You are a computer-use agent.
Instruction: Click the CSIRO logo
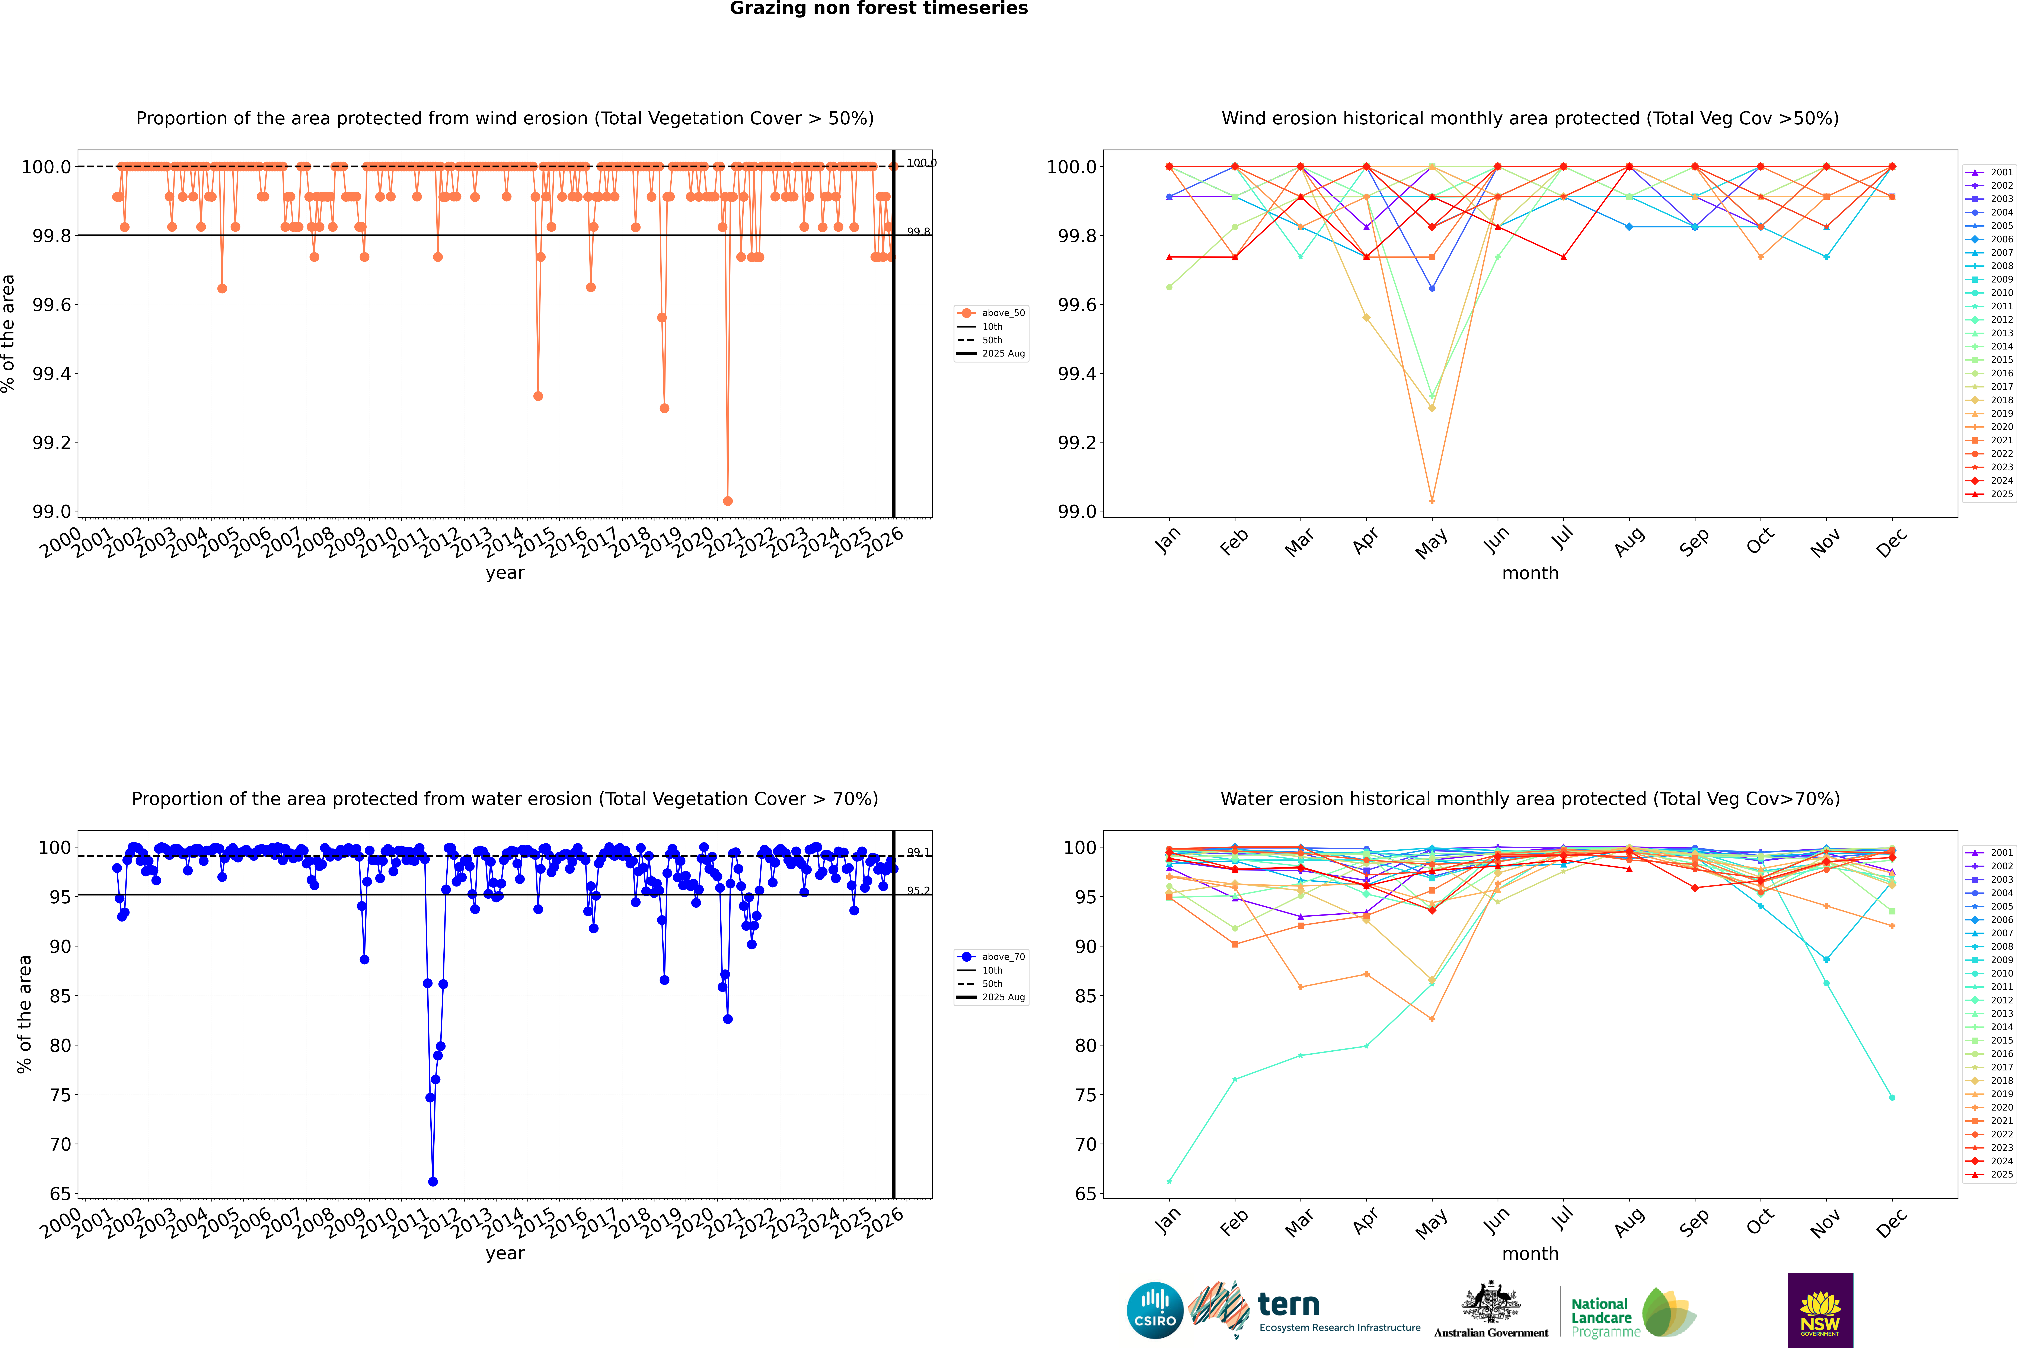coord(1155,1310)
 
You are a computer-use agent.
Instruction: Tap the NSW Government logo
coord(1820,1310)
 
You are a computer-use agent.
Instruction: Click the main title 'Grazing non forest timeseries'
coord(879,9)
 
